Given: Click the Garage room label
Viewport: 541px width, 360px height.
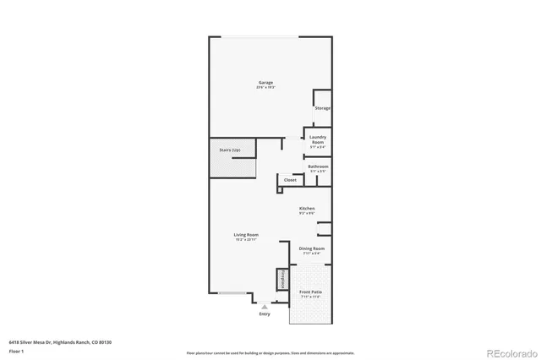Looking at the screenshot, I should tap(265, 83).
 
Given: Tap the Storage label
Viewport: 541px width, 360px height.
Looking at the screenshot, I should tap(322, 109).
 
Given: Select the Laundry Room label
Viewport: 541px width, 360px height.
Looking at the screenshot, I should tap(318, 139).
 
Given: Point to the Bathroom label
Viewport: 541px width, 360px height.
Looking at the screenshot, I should tap(318, 166).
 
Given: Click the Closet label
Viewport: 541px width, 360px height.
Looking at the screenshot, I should tap(290, 180).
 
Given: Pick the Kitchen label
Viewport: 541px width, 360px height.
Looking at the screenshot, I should tap(307, 208).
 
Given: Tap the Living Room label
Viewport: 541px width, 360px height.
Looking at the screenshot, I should tap(246, 235).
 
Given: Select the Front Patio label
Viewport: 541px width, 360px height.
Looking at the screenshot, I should tap(310, 292).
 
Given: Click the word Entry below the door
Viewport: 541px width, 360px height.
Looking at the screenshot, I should tap(265, 314).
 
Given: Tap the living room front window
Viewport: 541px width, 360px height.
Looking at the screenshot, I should tap(232, 294).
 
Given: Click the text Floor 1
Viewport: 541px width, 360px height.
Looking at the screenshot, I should tap(16, 350).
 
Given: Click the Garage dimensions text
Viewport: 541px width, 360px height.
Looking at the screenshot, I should tap(265, 88).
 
